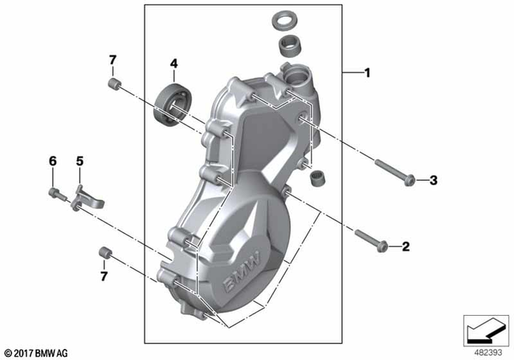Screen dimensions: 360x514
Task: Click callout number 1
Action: point(367,74)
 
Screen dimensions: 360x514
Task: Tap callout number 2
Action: point(406,245)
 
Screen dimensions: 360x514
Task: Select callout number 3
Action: point(433,180)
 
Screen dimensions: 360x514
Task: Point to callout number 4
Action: point(173,63)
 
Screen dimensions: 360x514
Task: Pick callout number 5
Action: point(80,162)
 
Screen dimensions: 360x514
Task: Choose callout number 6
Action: point(53,162)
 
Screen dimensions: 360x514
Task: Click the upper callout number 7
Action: point(113,60)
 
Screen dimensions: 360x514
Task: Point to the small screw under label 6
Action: point(55,193)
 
